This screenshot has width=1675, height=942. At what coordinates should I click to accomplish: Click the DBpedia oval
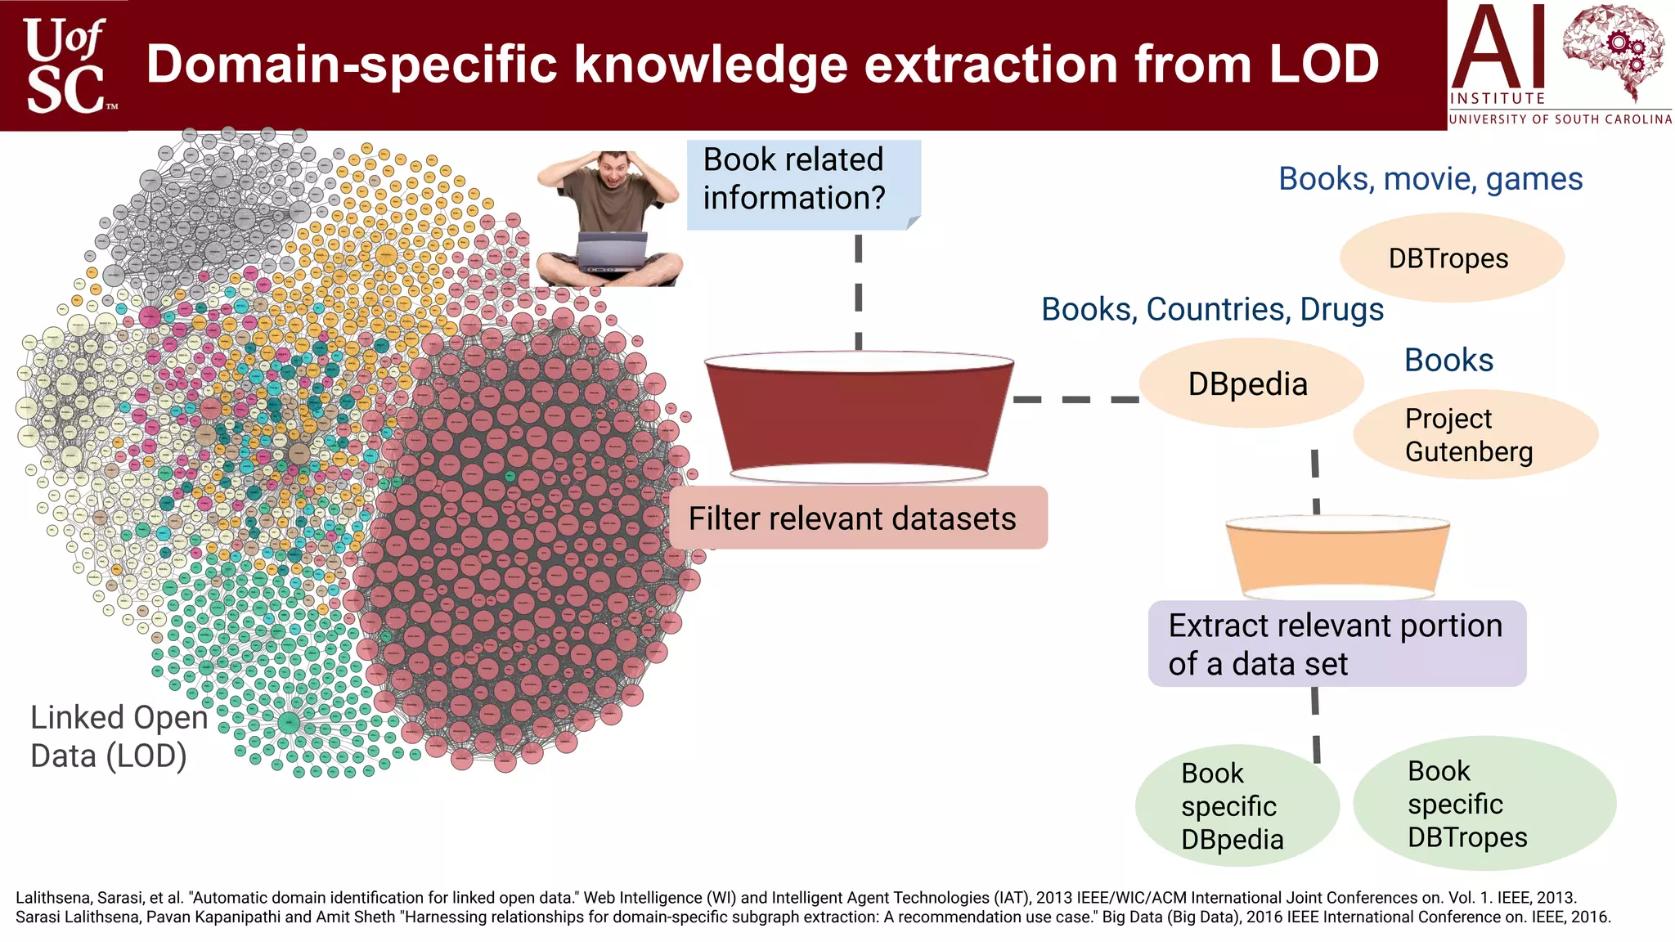pos(1250,384)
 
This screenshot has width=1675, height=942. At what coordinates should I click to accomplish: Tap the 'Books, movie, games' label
pos(1430,179)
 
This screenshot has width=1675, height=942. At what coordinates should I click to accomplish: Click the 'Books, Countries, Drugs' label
pos(1212,309)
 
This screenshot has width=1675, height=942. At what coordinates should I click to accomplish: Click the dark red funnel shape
pos(859,417)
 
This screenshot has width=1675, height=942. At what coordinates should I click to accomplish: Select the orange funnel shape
pos(1337,557)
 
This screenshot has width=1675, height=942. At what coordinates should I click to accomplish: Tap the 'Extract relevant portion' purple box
pos(1336,644)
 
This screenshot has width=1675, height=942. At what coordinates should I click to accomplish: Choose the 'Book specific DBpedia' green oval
pos(1236,806)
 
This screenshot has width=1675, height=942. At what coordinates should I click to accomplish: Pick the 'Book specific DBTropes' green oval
pos(1483,804)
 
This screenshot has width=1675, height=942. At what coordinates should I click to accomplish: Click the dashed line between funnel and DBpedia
pos(1076,399)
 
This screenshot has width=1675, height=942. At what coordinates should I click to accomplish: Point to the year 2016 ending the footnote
pos(1588,917)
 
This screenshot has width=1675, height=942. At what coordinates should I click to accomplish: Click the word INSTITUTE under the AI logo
pos(1497,98)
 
